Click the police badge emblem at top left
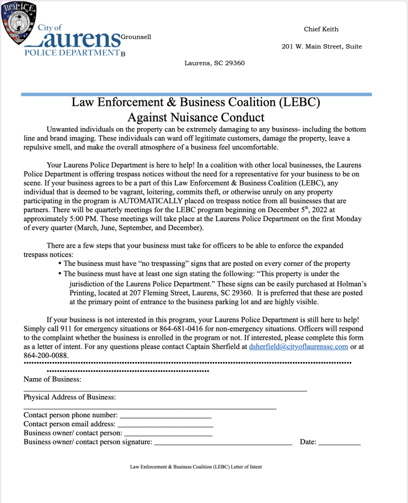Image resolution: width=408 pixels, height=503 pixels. [19, 23]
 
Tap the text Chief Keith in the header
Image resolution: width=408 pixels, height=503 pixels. [321, 29]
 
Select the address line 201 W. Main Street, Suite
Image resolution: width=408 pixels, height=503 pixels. [321, 47]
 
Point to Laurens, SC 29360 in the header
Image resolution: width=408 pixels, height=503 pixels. [214, 63]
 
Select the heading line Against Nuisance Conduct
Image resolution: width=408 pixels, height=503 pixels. [195, 117]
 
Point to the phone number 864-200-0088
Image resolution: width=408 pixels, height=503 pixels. [46, 355]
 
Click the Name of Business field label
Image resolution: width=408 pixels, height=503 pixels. [53, 379]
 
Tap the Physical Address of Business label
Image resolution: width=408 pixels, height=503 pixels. [69, 397]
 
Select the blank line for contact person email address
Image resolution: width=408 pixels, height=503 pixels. [165, 425]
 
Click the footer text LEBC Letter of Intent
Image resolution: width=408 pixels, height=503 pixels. [195, 467]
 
